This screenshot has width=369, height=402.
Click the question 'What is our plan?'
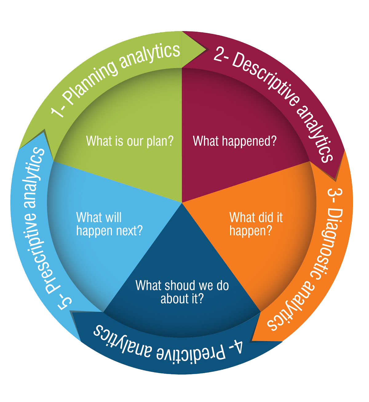[x=130, y=141]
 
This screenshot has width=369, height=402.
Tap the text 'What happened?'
[x=235, y=141]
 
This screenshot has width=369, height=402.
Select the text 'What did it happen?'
[x=256, y=224]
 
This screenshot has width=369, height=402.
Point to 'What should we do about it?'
[x=182, y=292]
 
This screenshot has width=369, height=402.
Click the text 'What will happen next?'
[x=109, y=224]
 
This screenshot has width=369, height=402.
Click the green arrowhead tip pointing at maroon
[x=205, y=49]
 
